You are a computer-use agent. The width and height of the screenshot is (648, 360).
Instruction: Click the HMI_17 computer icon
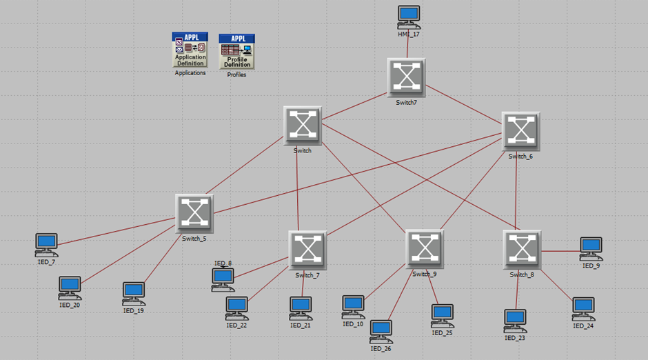click(409, 17)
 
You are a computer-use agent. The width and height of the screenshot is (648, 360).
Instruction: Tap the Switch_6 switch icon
click(520, 131)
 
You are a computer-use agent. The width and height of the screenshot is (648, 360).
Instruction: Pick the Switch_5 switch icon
click(194, 212)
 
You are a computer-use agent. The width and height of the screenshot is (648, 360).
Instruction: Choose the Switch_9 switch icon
click(424, 249)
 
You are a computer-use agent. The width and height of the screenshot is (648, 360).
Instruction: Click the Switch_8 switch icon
click(522, 249)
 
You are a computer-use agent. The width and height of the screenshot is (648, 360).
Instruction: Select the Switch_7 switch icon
click(307, 250)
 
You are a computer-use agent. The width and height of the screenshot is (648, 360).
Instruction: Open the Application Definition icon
click(190, 50)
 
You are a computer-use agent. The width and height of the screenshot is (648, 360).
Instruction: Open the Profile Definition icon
click(236, 51)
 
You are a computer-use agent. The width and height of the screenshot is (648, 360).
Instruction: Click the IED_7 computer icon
click(47, 243)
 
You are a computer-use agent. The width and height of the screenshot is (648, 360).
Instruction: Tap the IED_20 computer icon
click(70, 287)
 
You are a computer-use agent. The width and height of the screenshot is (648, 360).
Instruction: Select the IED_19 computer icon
click(134, 293)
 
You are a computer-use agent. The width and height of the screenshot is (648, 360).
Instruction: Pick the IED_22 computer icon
click(237, 308)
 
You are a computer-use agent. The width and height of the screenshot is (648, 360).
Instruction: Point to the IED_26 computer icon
click(381, 330)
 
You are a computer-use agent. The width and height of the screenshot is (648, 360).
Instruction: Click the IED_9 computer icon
click(591, 248)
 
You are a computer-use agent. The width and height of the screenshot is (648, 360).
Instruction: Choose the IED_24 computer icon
click(583, 308)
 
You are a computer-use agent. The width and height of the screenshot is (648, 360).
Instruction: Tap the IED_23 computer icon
click(515, 320)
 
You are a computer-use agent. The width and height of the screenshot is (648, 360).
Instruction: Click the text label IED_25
click(442, 332)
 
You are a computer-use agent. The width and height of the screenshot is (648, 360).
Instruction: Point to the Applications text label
click(190, 72)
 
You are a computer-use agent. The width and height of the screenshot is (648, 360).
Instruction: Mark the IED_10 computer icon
click(353, 306)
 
